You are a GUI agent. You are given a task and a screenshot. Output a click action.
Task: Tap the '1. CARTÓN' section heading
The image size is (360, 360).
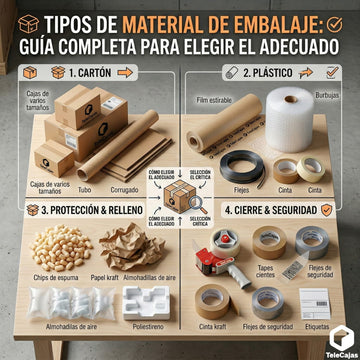tap(90, 72)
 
